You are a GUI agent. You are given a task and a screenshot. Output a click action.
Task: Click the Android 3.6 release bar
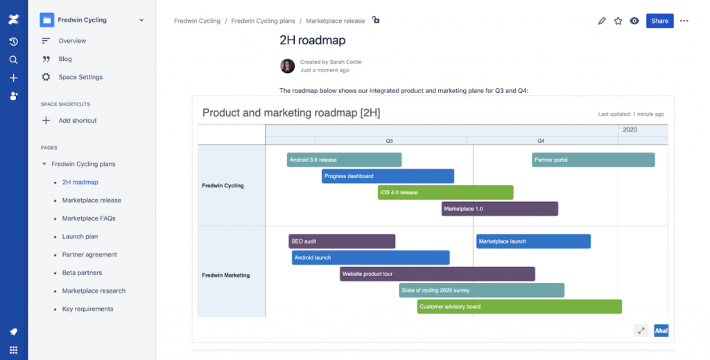(x=344, y=160)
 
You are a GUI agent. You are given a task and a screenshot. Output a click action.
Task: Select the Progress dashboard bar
(x=388, y=176)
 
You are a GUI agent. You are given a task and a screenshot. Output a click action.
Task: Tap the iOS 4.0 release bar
(x=445, y=192)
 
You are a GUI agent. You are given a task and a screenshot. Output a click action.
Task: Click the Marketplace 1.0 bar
(x=499, y=209)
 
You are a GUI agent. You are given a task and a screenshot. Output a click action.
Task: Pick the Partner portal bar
(x=594, y=160)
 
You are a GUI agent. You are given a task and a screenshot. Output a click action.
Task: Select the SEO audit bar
(x=342, y=241)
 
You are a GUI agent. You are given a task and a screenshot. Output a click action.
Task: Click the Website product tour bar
(x=437, y=274)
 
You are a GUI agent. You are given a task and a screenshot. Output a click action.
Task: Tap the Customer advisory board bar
(x=519, y=307)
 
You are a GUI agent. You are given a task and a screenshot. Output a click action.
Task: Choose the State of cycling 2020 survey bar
(x=481, y=290)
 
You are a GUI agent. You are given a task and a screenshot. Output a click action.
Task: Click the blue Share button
(x=659, y=21)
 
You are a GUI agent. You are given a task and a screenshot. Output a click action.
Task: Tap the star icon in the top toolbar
(x=618, y=21)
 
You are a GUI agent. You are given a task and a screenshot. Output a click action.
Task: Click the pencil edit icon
(x=602, y=21)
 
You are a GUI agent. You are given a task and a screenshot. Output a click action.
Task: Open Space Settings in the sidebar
(x=80, y=77)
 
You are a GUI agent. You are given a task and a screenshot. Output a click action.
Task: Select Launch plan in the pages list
(x=80, y=237)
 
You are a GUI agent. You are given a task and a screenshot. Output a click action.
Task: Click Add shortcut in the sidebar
(x=78, y=121)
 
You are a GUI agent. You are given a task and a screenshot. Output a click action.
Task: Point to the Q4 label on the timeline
(x=541, y=141)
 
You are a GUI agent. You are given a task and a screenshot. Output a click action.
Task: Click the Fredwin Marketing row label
(x=226, y=275)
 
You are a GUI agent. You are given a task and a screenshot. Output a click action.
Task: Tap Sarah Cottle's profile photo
(x=287, y=66)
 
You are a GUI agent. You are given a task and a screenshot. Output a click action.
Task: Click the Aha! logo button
(x=661, y=331)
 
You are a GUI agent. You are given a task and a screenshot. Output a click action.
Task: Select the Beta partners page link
(x=82, y=273)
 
